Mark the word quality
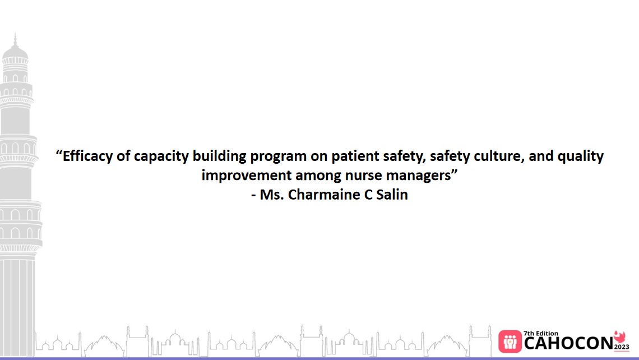coord(581,156)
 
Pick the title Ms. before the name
coord(272,195)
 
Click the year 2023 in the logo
coord(622,347)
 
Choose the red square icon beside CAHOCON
coord(510,341)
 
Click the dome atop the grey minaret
coord(15,52)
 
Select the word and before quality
coord(541,156)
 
